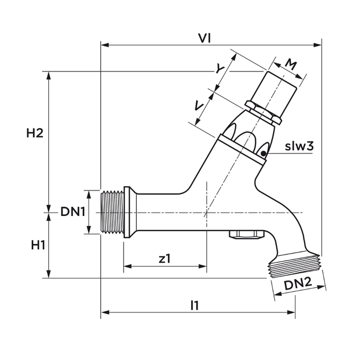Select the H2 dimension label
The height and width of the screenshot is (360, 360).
click(34, 133)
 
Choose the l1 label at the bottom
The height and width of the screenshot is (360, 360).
click(194, 305)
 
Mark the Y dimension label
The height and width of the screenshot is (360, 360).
click(221, 69)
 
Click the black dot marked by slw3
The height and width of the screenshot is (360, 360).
click(265, 154)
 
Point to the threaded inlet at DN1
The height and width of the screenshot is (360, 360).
click(112, 212)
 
